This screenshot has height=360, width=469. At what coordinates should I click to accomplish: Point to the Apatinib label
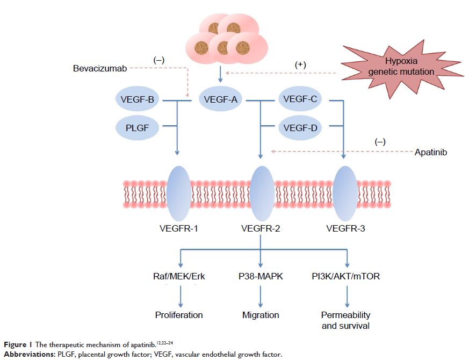click(x=430, y=153)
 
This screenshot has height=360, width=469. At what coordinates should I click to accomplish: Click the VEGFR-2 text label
click(x=261, y=229)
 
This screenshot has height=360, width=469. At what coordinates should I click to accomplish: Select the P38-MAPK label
click(x=261, y=276)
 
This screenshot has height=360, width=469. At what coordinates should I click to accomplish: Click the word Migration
click(x=261, y=314)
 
